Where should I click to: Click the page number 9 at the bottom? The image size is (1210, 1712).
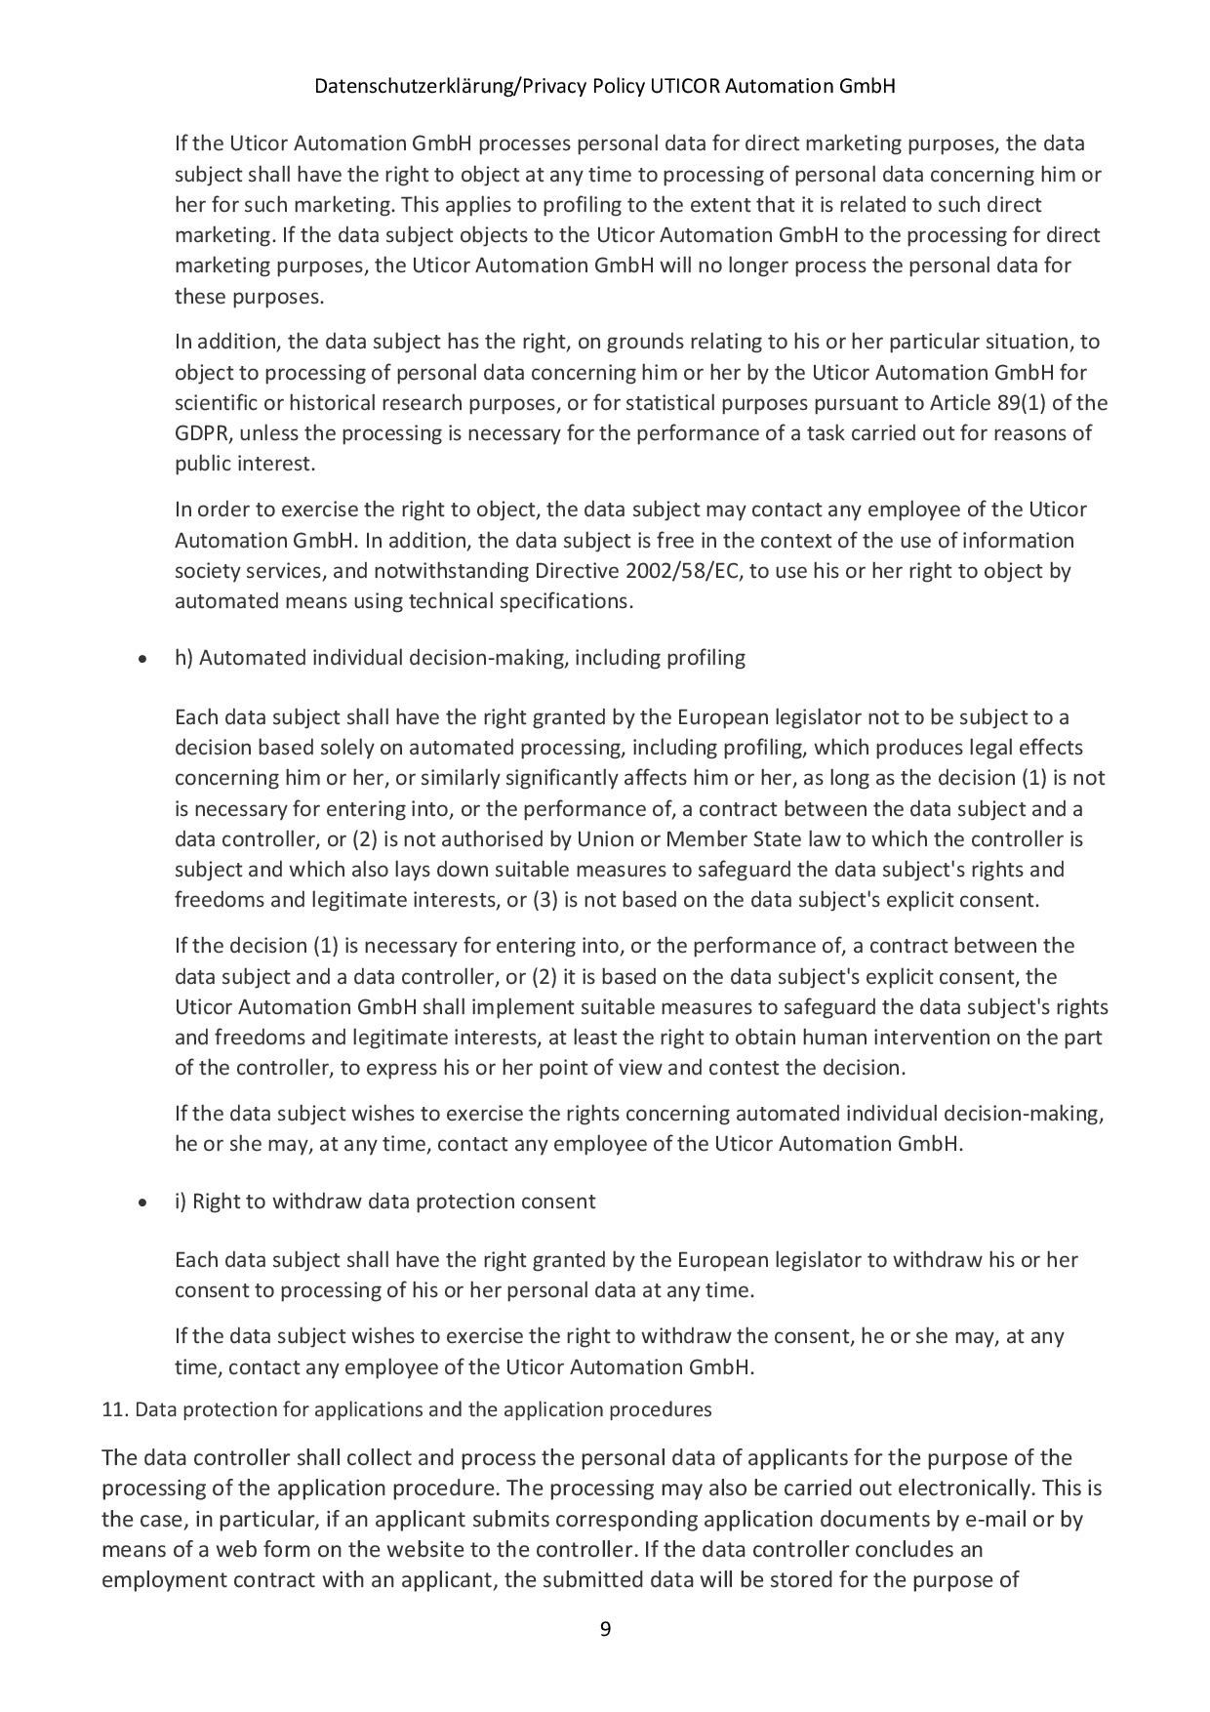(605, 1629)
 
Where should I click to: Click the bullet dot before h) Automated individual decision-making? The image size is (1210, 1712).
(143, 660)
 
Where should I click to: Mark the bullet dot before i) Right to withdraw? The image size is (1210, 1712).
(143, 1203)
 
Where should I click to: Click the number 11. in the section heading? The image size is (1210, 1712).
(114, 1410)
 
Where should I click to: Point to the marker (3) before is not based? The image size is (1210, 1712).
(544, 900)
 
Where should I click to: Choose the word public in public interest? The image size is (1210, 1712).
(203, 464)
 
